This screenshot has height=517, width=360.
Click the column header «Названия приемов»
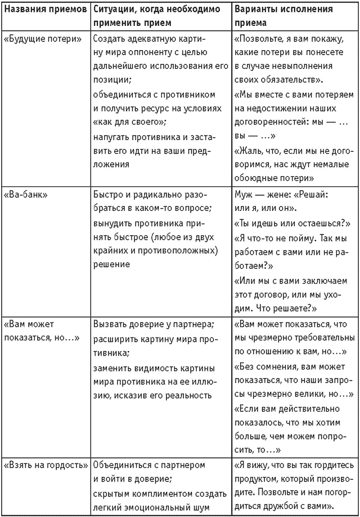[44, 10]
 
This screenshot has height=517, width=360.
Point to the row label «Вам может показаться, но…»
[43, 331]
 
